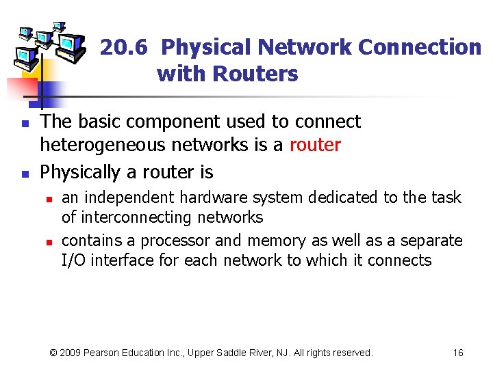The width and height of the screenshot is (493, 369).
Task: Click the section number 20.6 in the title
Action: point(126,48)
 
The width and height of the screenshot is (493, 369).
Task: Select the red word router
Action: point(315,145)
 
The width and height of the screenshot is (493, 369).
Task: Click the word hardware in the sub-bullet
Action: point(209,198)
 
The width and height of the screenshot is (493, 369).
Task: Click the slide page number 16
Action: point(458,353)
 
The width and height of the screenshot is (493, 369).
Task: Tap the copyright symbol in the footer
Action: point(55,353)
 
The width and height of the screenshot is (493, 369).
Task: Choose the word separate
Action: point(429,241)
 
